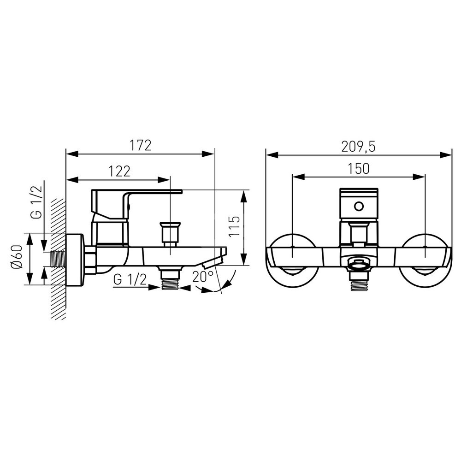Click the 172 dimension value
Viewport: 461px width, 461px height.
pos(141,146)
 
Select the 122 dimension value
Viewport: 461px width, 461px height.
pos(119,171)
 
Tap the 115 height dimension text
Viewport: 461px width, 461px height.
pos(234,226)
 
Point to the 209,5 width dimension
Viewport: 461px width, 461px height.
pos(358,147)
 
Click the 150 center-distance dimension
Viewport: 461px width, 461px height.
pos(358,169)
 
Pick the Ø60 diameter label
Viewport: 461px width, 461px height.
pos(17,256)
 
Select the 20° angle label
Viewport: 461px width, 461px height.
pos(203,277)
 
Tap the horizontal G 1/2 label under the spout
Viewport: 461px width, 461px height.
pos(130,279)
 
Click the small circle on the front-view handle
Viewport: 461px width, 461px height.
pos(359,206)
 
